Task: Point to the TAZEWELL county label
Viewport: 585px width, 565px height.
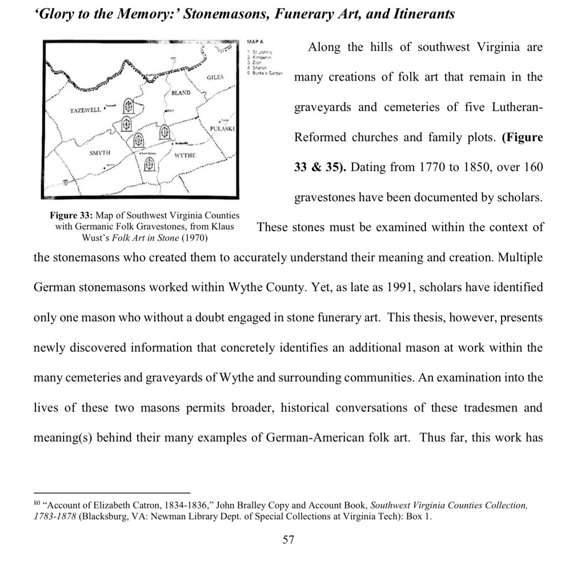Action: coord(85,109)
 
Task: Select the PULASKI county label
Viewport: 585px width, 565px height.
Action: coord(221,128)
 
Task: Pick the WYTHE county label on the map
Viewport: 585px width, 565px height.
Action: coord(185,156)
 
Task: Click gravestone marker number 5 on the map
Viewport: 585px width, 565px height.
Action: coord(129,106)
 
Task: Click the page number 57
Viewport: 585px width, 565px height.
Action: coord(289,539)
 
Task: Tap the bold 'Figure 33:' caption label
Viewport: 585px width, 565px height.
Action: coord(71,216)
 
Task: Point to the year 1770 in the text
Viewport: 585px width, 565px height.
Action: coord(434,168)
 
